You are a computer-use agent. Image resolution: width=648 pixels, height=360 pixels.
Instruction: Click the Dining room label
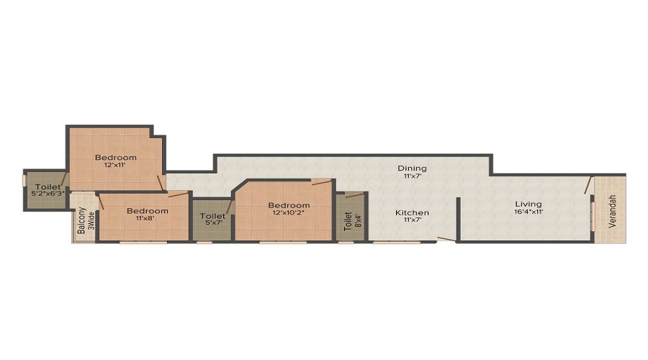[412, 168]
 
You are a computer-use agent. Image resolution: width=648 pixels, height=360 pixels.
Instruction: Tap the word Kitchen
[412, 213]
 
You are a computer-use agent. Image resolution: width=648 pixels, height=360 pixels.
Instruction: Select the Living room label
[528, 204]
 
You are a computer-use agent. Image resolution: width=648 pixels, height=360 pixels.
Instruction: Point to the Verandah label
[613, 211]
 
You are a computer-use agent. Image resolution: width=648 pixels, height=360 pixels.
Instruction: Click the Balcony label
[82, 220]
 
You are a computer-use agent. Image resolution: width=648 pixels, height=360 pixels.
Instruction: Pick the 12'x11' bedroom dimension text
[115, 165]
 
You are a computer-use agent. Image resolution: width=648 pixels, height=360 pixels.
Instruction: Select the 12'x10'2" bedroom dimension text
[289, 213]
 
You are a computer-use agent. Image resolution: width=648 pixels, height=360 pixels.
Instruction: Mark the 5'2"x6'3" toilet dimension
[48, 194]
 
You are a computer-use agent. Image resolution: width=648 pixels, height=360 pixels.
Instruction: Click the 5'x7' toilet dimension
[213, 223]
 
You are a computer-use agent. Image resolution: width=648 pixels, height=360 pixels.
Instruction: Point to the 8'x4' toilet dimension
[359, 220]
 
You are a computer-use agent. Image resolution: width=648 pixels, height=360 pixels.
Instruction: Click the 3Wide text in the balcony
[91, 221]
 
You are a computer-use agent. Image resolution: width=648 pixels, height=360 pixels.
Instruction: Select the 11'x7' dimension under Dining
[412, 176]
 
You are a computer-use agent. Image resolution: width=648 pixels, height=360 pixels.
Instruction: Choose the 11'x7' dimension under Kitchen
[412, 220]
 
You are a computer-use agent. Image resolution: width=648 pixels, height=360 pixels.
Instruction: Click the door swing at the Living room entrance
[588, 185]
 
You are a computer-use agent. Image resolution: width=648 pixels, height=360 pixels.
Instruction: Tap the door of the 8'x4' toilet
[354, 195]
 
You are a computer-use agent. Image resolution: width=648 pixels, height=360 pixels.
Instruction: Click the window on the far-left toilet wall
[24, 180]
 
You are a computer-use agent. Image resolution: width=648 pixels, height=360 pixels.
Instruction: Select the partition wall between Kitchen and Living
[458, 219]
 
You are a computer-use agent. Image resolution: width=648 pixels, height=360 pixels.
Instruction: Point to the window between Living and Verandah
[593, 216]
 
